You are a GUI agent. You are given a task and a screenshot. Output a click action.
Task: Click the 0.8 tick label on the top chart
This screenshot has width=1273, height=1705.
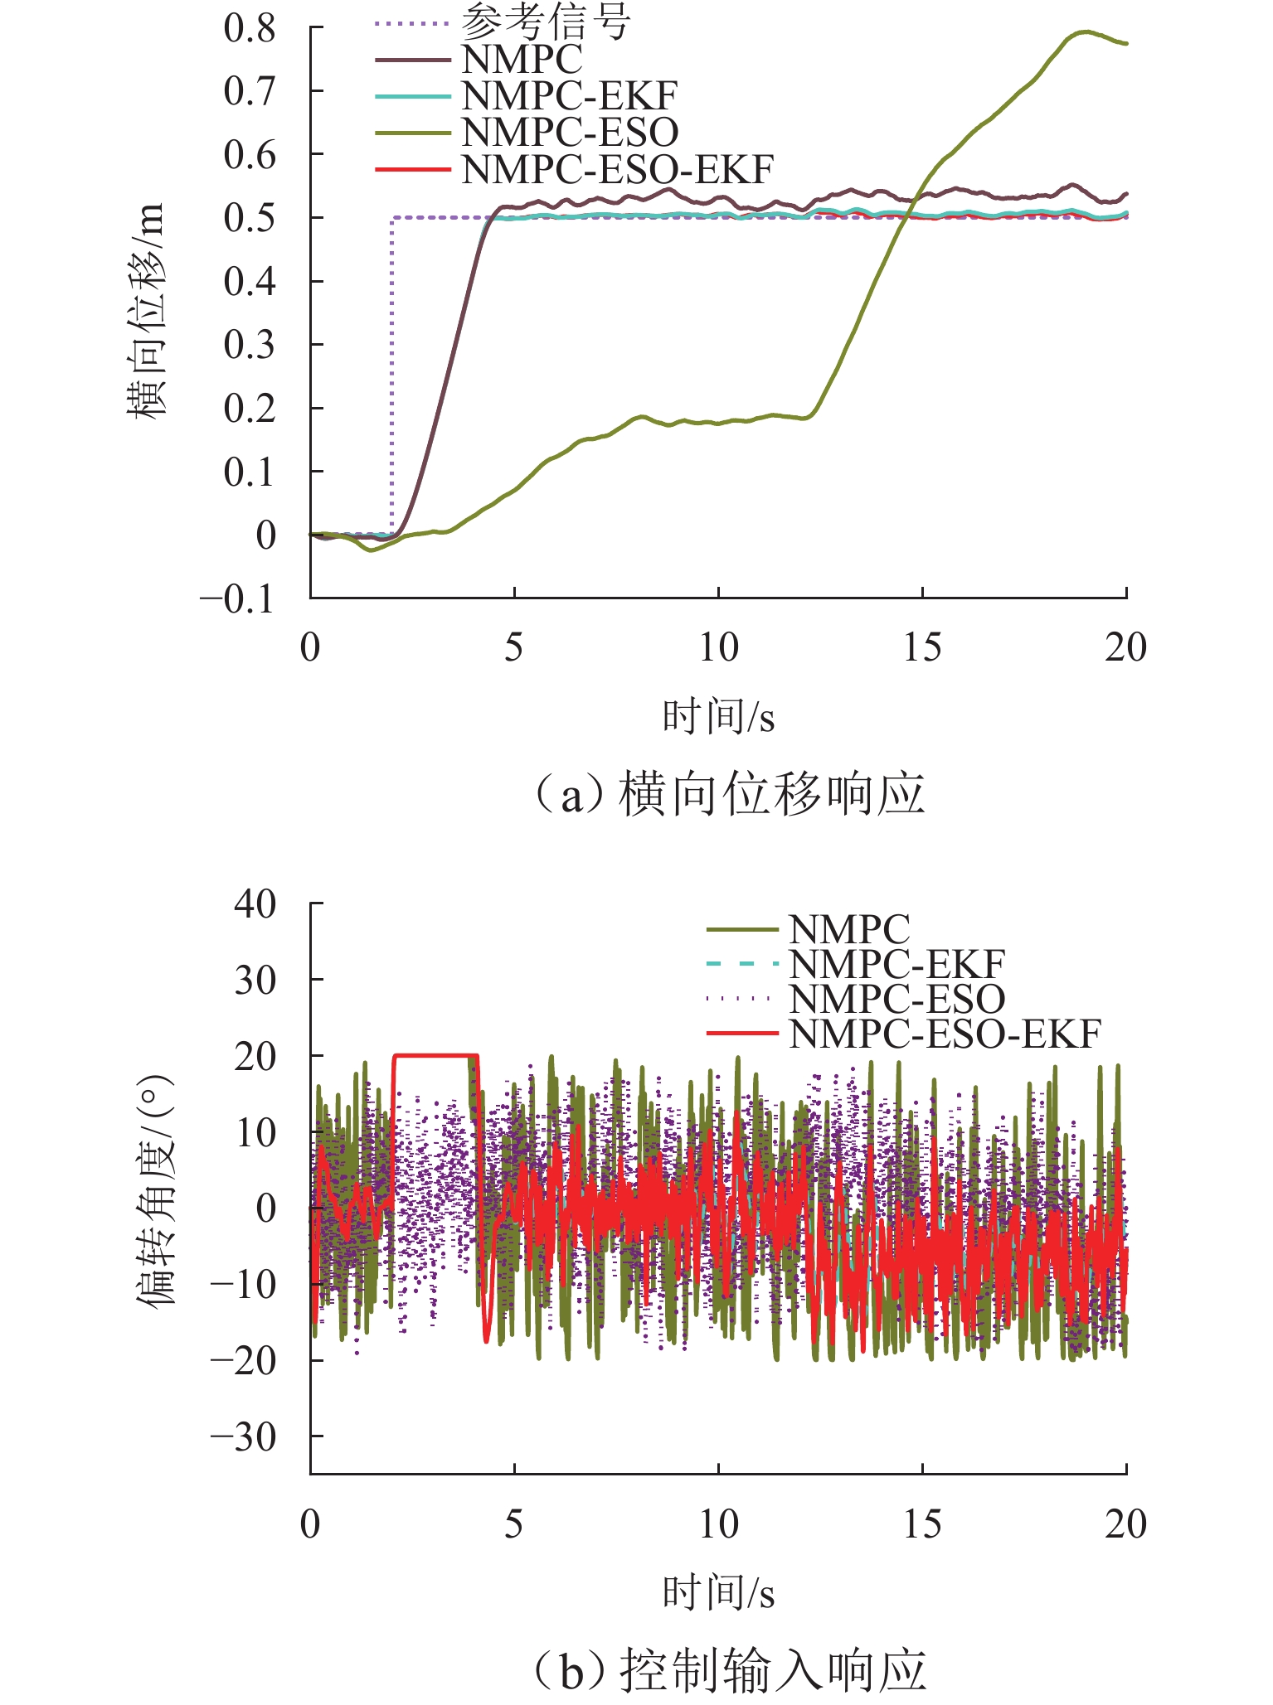coord(249,29)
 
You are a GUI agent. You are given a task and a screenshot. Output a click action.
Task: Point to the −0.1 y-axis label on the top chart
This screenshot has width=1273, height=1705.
coord(237,599)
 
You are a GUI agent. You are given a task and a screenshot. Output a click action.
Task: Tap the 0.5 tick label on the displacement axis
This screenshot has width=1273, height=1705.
coord(249,218)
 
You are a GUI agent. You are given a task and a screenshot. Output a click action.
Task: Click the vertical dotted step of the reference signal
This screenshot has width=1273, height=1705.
coord(392,373)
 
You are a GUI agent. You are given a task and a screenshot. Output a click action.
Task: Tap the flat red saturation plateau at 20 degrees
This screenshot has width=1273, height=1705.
coord(435,1055)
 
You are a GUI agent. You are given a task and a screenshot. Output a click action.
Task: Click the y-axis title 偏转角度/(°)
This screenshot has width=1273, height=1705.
coord(156,1189)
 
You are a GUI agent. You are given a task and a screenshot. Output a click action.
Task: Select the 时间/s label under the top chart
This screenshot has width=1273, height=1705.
coord(717,717)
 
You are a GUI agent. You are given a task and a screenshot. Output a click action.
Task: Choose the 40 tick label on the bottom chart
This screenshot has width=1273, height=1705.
coord(255,903)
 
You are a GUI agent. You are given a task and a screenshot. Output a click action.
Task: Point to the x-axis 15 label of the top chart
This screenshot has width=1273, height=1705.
coord(922,647)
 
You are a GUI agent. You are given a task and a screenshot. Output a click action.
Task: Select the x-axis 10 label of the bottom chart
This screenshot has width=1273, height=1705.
coord(718,1523)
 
